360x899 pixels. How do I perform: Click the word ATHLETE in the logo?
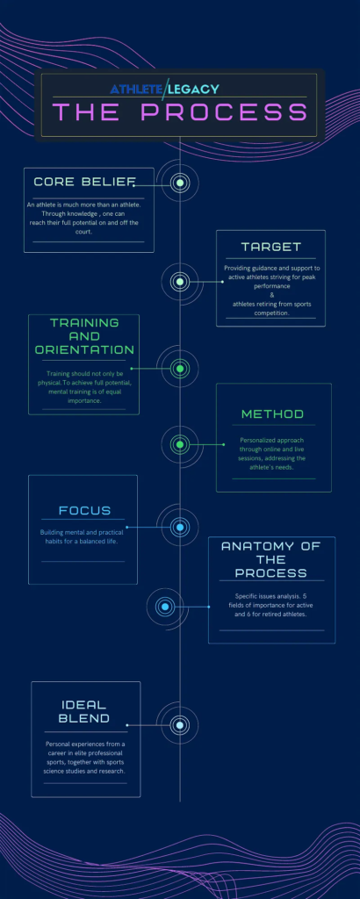pyautogui.click(x=137, y=89)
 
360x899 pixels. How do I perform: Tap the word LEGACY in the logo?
pyautogui.click(x=194, y=89)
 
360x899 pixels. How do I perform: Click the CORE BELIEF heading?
pyautogui.click(x=83, y=183)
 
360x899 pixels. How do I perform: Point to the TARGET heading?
pyautogui.click(x=270, y=247)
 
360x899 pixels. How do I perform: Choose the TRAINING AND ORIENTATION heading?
pyautogui.click(x=84, y=336)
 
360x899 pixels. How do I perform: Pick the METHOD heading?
pyautogui.click(x=272, y=414)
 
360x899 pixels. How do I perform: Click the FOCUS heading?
pyautogui.click(x=84, y=510)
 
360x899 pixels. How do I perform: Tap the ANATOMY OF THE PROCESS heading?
pyautogui.click(x=270, y=559)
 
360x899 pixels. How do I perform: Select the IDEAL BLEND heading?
pyautogui.click(x=84, y=711)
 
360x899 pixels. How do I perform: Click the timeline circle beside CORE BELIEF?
pyautogui.click(x=180, y=183)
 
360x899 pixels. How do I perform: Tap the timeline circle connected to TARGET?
pyautogui.click(x=180, y=282)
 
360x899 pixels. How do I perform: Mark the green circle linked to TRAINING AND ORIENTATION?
pyautogui.click(x=180, y=369)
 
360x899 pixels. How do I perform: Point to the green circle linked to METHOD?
pyautogui.click(x=180, y=444)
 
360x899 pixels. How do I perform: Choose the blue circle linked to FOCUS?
pyautogui.click(x=180, y=527)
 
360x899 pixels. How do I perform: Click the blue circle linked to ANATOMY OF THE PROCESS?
pyautogui.click(x=165, y=607)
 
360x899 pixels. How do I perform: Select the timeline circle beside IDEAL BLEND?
pyautogui.click(x=180, y=725)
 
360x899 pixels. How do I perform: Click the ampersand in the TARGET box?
pyautogui.click(x=272, y=295)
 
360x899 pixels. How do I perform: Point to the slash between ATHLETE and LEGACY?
pyautogui.click(x=166, y=89)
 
